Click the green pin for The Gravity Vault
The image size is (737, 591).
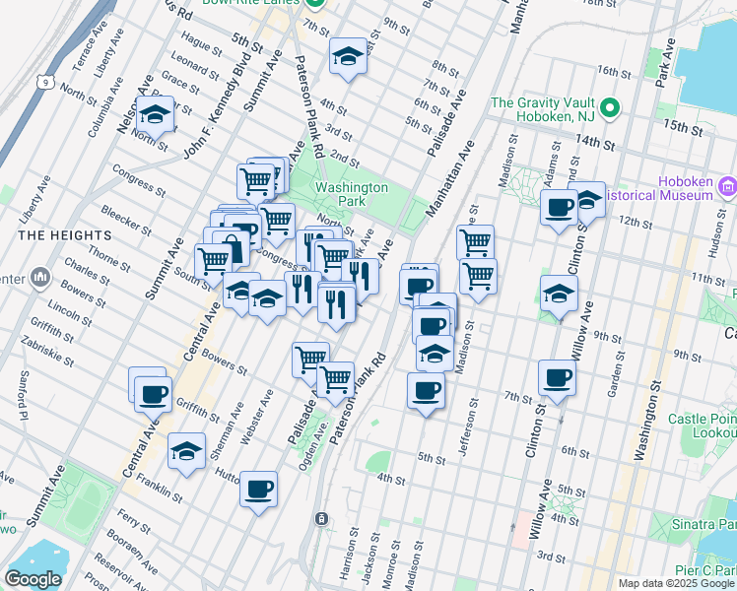[x=611, y=107]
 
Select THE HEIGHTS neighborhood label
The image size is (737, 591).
[x=56, y=234]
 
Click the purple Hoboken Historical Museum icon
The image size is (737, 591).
[x=728, y=186]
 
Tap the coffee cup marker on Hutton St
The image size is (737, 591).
[x=258, y=489]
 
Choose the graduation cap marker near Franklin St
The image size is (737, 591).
[x=186, y=451]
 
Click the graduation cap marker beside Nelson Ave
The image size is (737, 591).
[x=155, y=116]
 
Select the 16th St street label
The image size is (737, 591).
[x=612, y=72]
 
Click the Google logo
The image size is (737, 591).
[x=33, y=579]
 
